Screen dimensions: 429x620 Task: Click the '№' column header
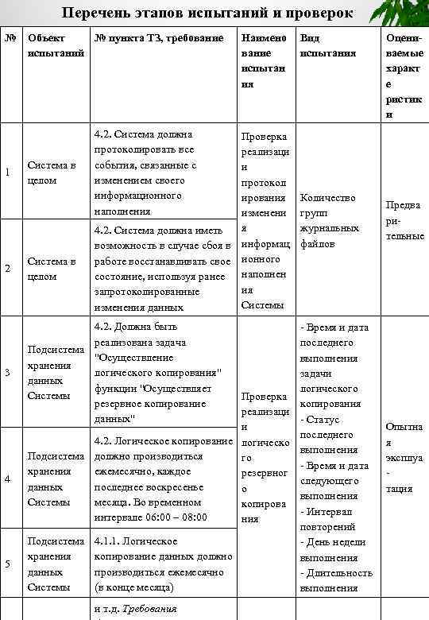pyautogui.click(x=9, y=37)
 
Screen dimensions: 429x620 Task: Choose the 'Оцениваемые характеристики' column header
pyautogui.click(x=403, y=76)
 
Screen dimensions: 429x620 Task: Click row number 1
pyautogui.click(x=8, y=172)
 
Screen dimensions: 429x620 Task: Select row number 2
pyautogui.click(x=8, y=269)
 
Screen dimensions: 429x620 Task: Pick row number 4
pyautogui.click(x=8, y=479)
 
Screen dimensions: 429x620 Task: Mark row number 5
pyautogui.click(x=8, y=564)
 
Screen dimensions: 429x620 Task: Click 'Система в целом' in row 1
pyautogui.click(x=52, y=172)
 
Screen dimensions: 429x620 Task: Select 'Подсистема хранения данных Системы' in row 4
pyautogui.click(x=56, y=479)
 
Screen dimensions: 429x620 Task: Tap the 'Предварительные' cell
pyautogui.click(x=404, y=221)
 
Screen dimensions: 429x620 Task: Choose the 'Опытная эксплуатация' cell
pyautogui.click(x=404, y=457)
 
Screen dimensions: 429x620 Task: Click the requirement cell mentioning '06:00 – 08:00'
pyautogui.click(x=163, y=479)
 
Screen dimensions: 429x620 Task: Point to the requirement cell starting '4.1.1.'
pyautogui.click(x=163, y=564)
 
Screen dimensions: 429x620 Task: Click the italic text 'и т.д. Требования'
pyautogui.click(x=135, y=609)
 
